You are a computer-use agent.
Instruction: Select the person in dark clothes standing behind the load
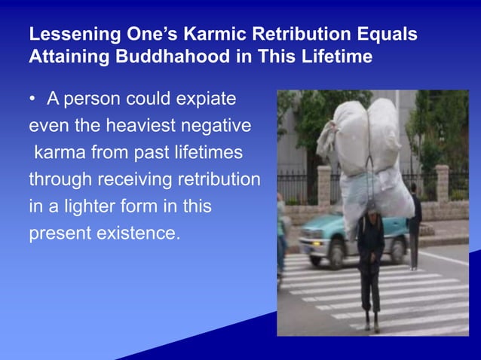point(414,226)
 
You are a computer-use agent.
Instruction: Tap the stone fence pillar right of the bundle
point(442,185)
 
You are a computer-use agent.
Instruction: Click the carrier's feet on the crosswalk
point(371,325)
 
